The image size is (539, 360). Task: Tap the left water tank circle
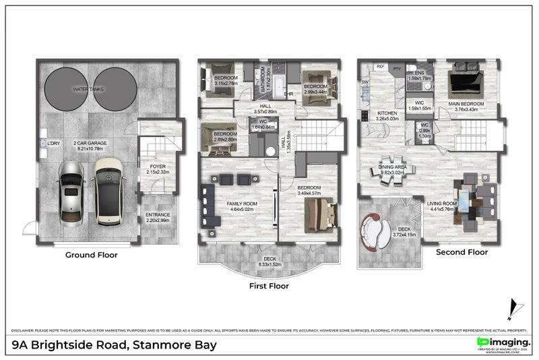click(x=65, y=88)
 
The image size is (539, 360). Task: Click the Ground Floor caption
click(x=91, y=255)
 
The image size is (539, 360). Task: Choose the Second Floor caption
click(x=462, y=253)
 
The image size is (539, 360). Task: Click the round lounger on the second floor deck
click(x=376, y=231)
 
